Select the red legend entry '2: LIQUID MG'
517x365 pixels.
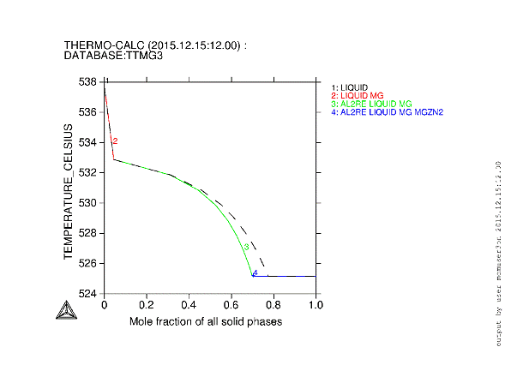point(356,95)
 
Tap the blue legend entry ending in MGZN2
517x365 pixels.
point(394,112)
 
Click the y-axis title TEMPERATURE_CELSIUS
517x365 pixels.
point(67,188)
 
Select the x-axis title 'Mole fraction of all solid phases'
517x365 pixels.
point(206,321)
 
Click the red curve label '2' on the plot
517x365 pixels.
point(115,141)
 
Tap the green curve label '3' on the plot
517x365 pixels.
point(246,247)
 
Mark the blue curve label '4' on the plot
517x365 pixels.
point(255,272)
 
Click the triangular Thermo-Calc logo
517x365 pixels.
point(65,310)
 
